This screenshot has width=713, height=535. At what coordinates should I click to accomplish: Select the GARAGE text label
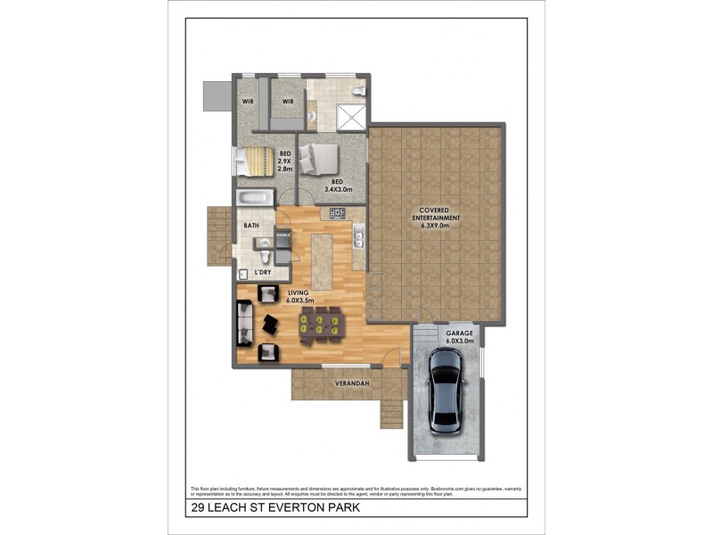pyautogui.click(x=459, y=333)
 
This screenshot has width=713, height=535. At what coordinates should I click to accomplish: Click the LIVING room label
pyautogui.click(x=298, y=293)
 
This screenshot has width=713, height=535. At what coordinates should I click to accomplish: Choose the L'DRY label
pyautogui.click(x=263, y=271)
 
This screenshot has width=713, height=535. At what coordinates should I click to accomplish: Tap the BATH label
pyautogui.click(x=251, y=226)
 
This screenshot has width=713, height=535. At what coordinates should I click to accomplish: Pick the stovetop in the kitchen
pyautogui.click(x=338, y=213)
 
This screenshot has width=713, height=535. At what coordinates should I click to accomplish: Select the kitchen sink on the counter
pyautogui.click(x=357, y=236)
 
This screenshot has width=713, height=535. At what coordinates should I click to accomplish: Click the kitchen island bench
pyautogui.click(x=322, y=259)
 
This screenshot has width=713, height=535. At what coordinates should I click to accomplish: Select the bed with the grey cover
pyautogui.click(x=318, y=160)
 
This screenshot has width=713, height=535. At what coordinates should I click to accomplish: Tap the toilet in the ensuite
pyautogui.click(x=356, y=92)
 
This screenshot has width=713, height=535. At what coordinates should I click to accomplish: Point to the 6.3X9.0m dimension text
pyautogui.click(x=438, y=226)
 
